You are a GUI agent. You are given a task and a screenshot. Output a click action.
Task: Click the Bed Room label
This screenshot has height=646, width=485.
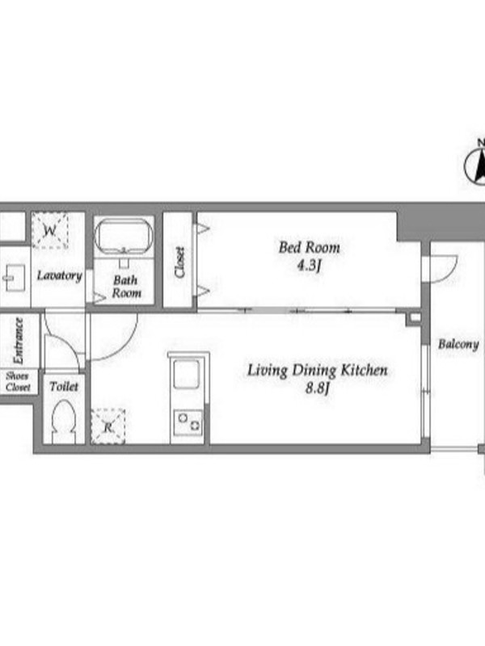(310, 248)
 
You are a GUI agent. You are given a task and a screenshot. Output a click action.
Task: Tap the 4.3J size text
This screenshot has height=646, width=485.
(309, 266)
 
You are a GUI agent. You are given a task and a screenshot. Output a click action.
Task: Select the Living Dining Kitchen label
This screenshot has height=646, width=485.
(317, 370)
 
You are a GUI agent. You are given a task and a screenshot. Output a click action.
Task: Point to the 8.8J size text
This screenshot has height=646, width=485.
(317, 388)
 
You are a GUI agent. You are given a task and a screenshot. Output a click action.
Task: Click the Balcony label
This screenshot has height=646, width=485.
(458, 344)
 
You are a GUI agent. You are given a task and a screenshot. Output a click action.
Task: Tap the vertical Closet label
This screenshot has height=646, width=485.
(179, 262)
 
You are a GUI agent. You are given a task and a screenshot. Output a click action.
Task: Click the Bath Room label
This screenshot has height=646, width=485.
(126, 287)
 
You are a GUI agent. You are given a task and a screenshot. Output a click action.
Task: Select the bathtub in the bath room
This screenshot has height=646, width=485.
(124, 235)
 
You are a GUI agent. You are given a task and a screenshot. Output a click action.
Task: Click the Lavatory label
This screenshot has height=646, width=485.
(59, 275)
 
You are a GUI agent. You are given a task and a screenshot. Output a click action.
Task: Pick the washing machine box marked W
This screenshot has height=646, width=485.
(50, 230)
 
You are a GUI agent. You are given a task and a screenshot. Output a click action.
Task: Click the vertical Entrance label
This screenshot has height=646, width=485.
(18, 341)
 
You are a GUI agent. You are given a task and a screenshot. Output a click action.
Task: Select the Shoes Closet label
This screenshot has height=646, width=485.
(18, 381)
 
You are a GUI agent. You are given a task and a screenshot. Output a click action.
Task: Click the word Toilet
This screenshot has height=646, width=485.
(64, 387)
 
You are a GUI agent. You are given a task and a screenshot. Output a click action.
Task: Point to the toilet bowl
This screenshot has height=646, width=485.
(64, 422)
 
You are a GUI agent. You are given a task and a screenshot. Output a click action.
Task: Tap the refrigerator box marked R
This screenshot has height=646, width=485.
(108, 426)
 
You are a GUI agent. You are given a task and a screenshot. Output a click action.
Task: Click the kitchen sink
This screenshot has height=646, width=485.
(187, 374)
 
